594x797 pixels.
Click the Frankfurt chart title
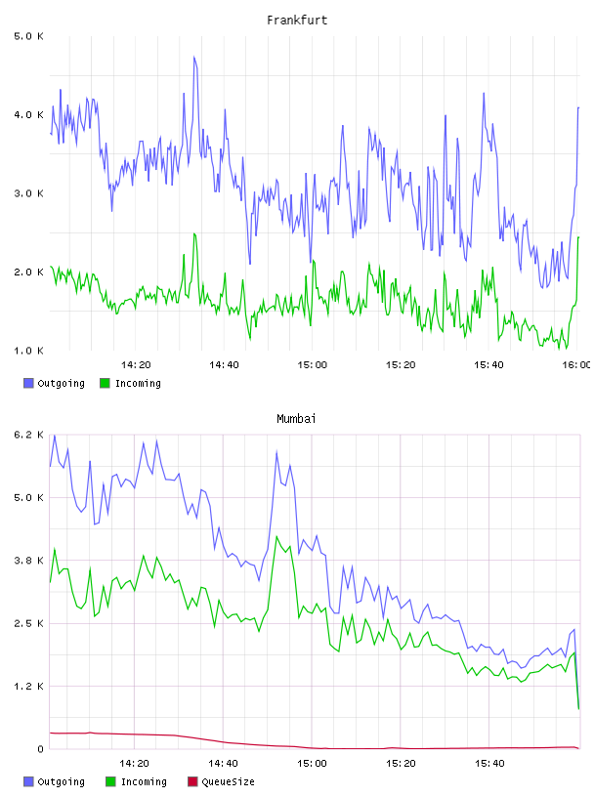coord(297,21)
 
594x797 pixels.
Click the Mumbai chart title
coord(296,419)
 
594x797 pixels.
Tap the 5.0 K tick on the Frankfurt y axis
coord(28,36)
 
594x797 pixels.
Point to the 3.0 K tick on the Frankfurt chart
coord(28,193)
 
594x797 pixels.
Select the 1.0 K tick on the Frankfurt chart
coord(28,351)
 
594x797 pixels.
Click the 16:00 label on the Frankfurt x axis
coord(576,364)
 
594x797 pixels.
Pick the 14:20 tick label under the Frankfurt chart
coord(136,364)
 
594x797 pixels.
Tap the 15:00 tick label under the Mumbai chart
coord(312,763)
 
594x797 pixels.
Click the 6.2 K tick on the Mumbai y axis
coord(28,435)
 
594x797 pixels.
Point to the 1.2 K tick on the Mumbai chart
coord(28,687)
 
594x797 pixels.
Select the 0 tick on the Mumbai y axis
coord(40,749)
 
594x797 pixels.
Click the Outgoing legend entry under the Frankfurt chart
coord(54,383)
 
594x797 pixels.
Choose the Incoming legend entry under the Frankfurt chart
coord(131,383)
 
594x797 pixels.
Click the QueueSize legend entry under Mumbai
coord(221,781)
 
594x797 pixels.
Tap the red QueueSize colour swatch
coord(192,781)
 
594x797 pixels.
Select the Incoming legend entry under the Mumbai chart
coord(136,781)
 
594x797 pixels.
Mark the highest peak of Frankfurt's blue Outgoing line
coord(193,57)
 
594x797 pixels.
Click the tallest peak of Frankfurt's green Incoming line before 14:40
coord(193,233)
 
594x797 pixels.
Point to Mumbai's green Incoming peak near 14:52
coord(276,536)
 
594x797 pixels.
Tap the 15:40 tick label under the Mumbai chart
coord(489,763)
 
